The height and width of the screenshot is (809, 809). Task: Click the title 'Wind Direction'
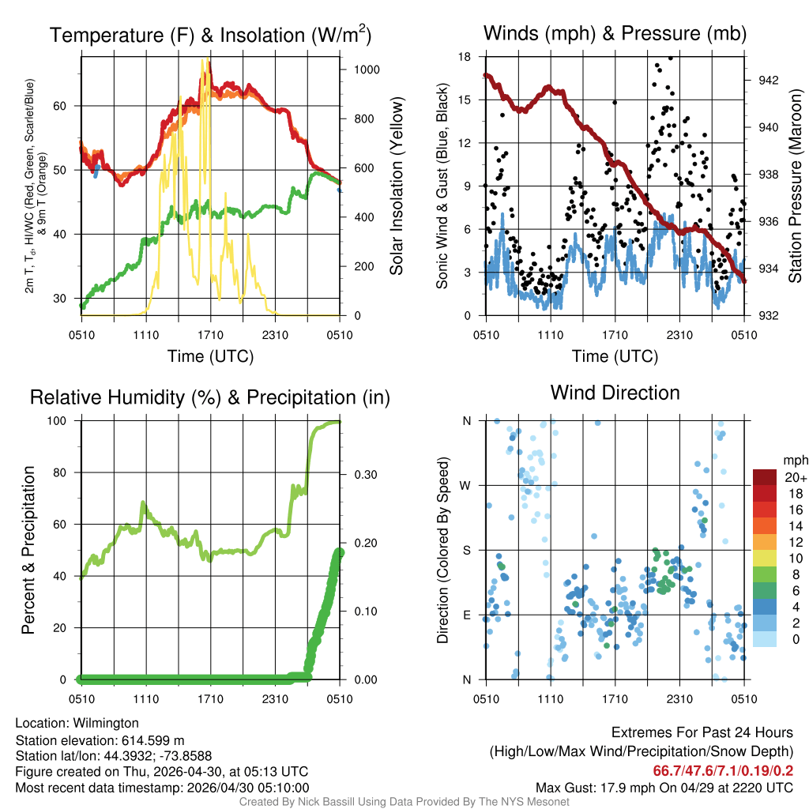[x=615, y=393]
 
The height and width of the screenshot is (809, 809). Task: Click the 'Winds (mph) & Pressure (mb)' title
[x=615, y=33]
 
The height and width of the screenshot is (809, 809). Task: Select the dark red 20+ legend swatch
[x=766, y=477]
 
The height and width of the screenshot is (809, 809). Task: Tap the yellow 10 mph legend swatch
[x=766, y=558]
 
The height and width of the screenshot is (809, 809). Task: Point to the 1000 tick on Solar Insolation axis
[x=367, y=70]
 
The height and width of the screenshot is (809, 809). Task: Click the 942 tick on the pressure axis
[x=767, y=80]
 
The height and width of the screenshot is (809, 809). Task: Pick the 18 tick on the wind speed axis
[x=465, y=57]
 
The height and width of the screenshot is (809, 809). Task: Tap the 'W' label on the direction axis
[x=467, y=485]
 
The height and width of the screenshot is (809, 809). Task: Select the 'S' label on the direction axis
[x=467, y=550]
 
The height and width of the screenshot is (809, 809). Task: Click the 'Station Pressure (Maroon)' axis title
[x=796, y=186]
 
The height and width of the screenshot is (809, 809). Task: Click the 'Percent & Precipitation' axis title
[x=28, y=550]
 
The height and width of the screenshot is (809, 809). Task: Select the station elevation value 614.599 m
[x=153, y=740]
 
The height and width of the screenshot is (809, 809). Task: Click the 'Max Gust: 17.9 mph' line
[x=664, y=788]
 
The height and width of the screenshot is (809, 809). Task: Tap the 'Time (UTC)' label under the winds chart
[x=615, y=356]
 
